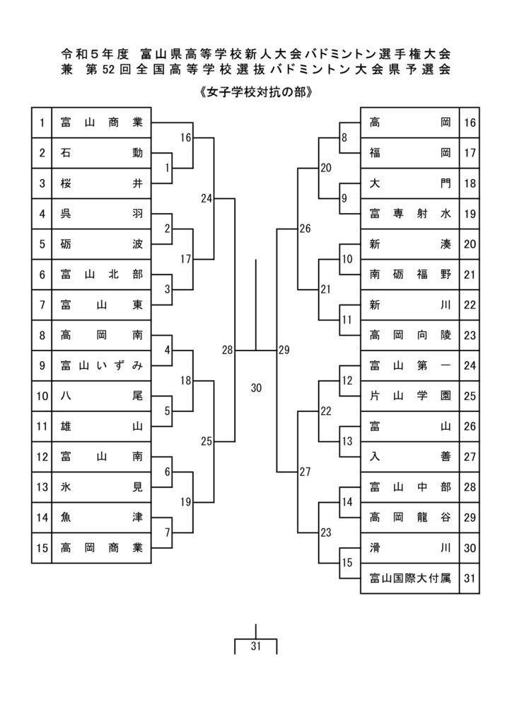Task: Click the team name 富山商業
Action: tap(102, 122)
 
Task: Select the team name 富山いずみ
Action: tap(102, 366)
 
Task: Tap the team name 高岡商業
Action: tap(102, 548)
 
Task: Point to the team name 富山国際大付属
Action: tap(410, 578)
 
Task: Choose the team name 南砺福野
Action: tap(410, 275)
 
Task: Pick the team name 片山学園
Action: tap(410, 396)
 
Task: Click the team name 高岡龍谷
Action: tap(410, 518)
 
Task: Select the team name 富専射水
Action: tap(410, 214)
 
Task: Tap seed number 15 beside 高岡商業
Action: tap(42, 548)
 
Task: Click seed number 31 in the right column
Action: tap(470, 578)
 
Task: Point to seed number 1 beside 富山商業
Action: tap(42, 122)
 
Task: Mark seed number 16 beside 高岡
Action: tap(470, 122)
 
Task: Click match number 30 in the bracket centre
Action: tap(256, 388)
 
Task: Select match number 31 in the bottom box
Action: tap(256, 646)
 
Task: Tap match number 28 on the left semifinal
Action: tap(227, 350)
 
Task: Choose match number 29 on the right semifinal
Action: tap(284, 350)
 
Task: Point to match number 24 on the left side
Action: tap(206, 198)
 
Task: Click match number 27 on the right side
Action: tap(306, 472)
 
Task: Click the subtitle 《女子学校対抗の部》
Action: tap(256, 93)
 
